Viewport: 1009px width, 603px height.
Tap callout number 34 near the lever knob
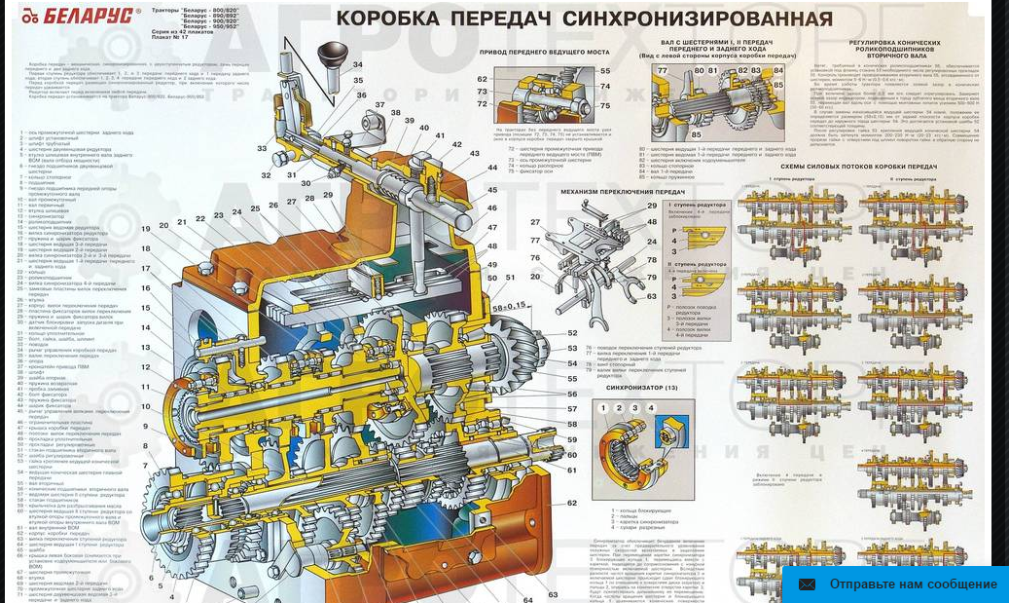(x=359, y=65)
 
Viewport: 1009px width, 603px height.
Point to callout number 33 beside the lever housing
(x=262, y=149)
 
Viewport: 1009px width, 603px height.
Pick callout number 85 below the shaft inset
(x=697, y=134)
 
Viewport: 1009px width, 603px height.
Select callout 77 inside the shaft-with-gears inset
(x=663, y=70)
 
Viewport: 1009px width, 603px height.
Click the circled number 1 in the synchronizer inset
(x=603, y=408)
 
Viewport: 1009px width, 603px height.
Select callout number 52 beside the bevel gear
(x=573, y=333)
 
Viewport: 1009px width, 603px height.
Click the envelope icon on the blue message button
(x=807, y=584)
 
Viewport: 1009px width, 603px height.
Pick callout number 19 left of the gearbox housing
(x=146, y=229)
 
